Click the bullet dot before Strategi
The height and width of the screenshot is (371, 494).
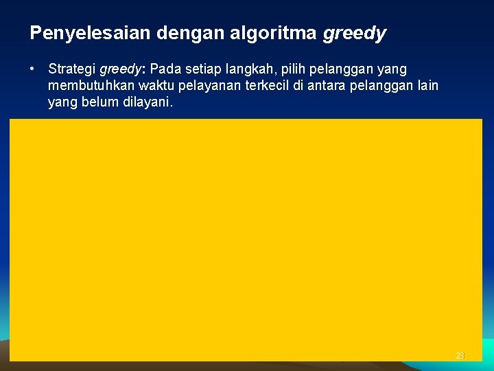32,69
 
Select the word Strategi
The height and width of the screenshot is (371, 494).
72,69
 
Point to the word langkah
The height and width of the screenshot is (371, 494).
259,70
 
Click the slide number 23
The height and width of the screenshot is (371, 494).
460,355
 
